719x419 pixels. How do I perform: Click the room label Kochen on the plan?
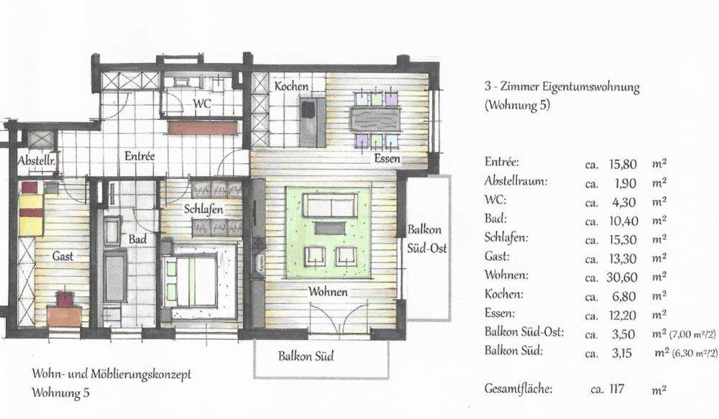[x=291, y=86]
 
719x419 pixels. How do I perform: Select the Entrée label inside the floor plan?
[x=140, y=155]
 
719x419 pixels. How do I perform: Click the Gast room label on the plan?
[x=63, y=256]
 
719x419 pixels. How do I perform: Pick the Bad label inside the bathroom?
[x=137, y=239]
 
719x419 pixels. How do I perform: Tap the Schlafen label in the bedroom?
[x=203, y=209]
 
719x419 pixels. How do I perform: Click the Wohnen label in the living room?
[x=329, y=292]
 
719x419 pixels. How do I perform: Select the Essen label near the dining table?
[x=387, y=158]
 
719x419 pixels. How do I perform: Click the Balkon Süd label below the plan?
[x=306, y=355]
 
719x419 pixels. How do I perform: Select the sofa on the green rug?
[x=329, y=206]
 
